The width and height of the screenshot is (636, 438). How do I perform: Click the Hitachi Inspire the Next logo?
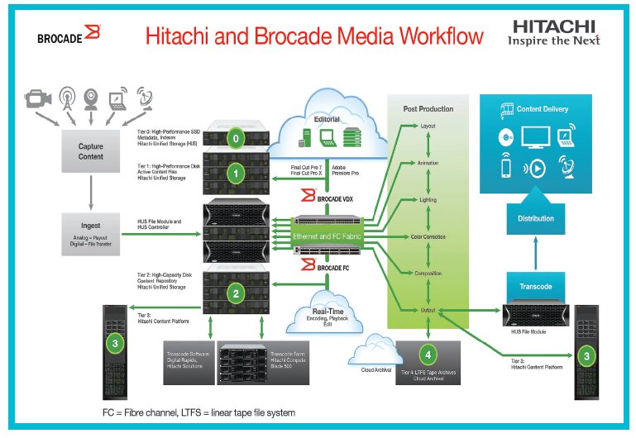[x=553, y=31]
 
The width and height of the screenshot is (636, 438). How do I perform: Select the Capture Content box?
[x=91, y=151]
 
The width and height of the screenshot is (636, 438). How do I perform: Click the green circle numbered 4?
[x=428, y=356]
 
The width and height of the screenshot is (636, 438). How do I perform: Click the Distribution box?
[x=535, y=219]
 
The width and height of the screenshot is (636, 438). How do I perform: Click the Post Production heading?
[x=428, y=108]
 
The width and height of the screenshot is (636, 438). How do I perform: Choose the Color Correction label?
[x=428, y=237]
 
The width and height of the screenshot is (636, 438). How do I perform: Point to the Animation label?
[x=428, y=163]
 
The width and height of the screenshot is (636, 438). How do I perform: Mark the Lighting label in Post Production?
[x=428, y=200]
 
